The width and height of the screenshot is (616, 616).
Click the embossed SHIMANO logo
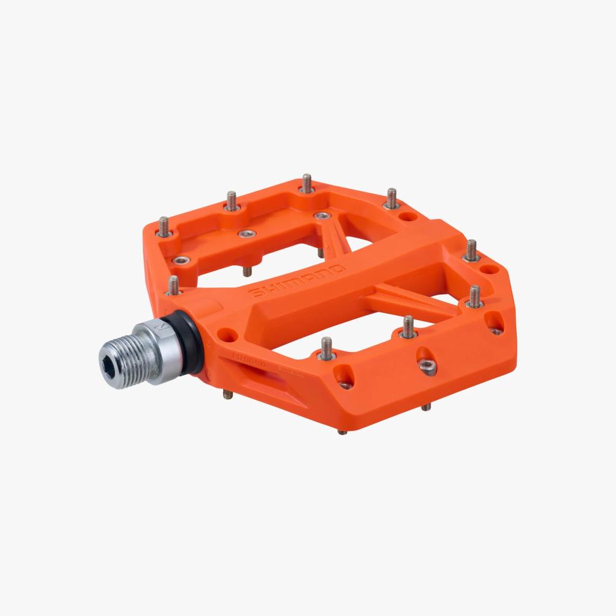[297, 280]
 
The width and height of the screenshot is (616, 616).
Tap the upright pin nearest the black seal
[173, 285]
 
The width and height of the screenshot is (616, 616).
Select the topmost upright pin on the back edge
[307, 183]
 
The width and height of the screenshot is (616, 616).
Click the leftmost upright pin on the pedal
[164, 226]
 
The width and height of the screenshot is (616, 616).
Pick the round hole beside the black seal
[226, 332]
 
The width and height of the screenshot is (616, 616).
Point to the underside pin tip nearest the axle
[227, 394]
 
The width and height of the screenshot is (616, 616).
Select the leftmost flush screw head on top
[180, 260]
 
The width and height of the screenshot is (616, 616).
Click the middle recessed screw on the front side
[428, 366]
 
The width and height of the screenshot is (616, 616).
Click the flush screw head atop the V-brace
[323, 215]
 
